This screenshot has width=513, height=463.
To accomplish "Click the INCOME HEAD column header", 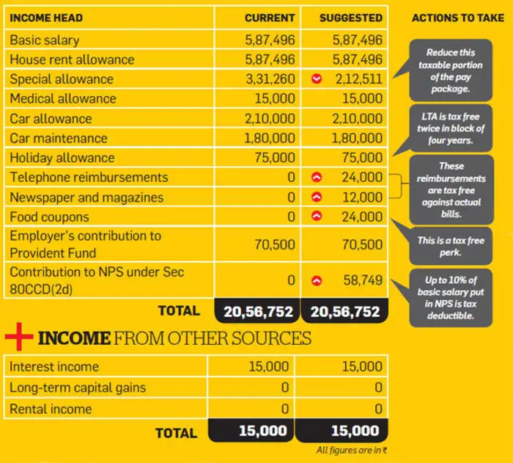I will coord(46,18).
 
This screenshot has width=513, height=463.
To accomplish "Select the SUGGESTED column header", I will coord(350,18).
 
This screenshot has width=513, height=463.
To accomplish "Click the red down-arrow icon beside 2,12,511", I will coord(317,79).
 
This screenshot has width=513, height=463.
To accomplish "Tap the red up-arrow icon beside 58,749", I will coord(317,280).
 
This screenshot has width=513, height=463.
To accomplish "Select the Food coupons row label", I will coord(49,217).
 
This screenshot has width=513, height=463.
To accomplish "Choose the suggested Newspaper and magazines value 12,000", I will coord(362,197).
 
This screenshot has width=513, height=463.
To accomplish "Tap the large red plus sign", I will coord(19,338).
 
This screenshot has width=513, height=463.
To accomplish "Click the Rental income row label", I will coord(51,409).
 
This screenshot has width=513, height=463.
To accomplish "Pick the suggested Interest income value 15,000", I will coord(362,367).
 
